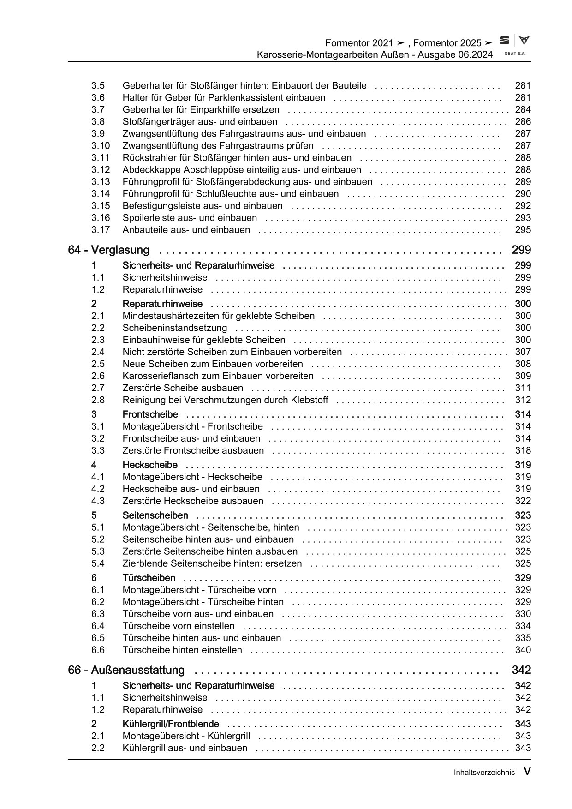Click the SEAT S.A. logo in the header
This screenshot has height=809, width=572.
[514, 45]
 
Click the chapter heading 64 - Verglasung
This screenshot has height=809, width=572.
[109, 250]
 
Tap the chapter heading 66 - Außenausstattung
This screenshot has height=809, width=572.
[126, 670]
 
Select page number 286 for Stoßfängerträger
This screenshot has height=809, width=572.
[523, 122]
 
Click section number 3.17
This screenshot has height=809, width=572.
[100, 230]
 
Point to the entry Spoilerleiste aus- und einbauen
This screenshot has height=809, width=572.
[190, 218]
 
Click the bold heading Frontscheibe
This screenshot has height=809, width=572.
[150, 414]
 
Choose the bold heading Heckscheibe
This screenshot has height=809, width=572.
[150, 465]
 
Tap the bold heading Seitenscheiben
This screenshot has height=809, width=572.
[155, 515]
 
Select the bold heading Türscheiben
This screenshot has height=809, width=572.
[149, 578]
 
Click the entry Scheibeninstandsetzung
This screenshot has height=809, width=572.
[175, 328]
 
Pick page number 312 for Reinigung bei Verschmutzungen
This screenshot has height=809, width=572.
[523, 400]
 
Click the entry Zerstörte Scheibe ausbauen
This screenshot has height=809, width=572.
[183, 388]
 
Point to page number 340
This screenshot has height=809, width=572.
[523, 650]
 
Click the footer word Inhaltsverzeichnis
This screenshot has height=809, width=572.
[483, 773]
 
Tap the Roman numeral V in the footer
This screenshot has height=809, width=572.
[526, 772]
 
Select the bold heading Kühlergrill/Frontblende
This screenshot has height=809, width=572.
[171, 724]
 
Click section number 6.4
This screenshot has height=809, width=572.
[98, 626]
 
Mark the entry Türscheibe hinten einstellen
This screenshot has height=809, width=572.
[182, 650]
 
